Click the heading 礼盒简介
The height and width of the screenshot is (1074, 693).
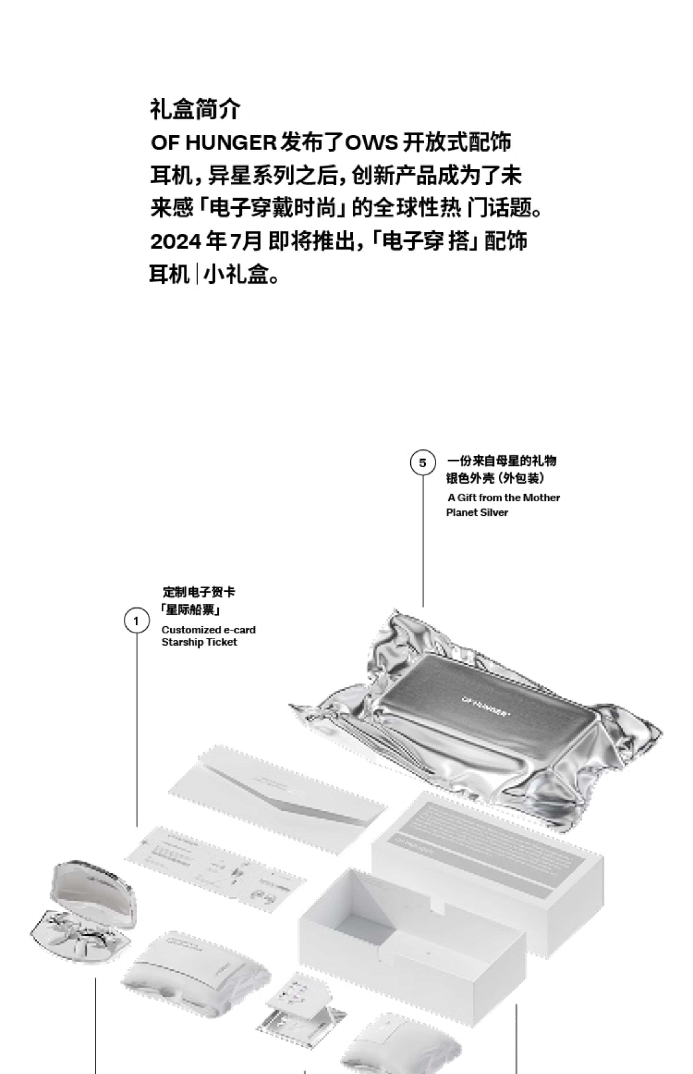[195, 109]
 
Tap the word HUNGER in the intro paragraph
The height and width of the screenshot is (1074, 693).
[231, 143]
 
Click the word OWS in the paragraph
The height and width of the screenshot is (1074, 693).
[371, 143]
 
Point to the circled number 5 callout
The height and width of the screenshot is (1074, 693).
[423, 463]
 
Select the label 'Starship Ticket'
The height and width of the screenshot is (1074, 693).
[199, 642]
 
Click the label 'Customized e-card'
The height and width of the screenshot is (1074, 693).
[208, 630]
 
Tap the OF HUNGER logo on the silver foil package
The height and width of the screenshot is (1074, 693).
[486, 706]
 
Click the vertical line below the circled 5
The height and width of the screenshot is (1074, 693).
[423, 540]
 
